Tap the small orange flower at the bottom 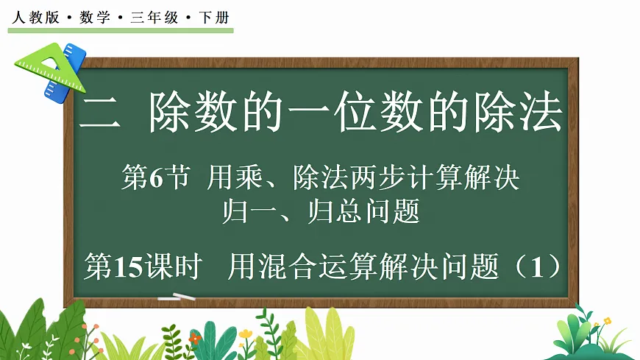194,338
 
